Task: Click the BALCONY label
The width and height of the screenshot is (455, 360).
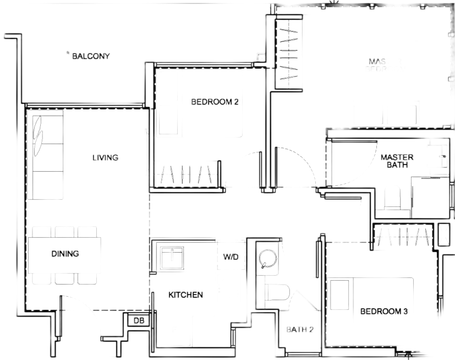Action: (91, 56)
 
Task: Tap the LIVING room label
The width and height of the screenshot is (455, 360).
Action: (105, 158)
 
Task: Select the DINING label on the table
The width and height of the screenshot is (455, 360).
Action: (65, 254)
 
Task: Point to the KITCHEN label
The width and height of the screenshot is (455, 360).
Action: (185, 295)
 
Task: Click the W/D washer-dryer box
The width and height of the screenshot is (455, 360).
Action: (231, 256)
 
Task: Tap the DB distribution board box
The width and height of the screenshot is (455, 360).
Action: (136, 320)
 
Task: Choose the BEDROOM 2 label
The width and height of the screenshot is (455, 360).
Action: (214, 101)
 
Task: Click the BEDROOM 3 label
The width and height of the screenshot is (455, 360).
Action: (383, 312)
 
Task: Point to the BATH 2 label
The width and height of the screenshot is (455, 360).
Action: (299, 330)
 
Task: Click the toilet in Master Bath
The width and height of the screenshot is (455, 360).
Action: (394, 198)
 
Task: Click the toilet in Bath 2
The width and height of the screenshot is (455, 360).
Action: (275, 292)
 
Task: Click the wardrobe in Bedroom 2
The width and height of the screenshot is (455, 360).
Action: (189, 174)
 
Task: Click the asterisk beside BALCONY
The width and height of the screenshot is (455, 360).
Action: (67, 54)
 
